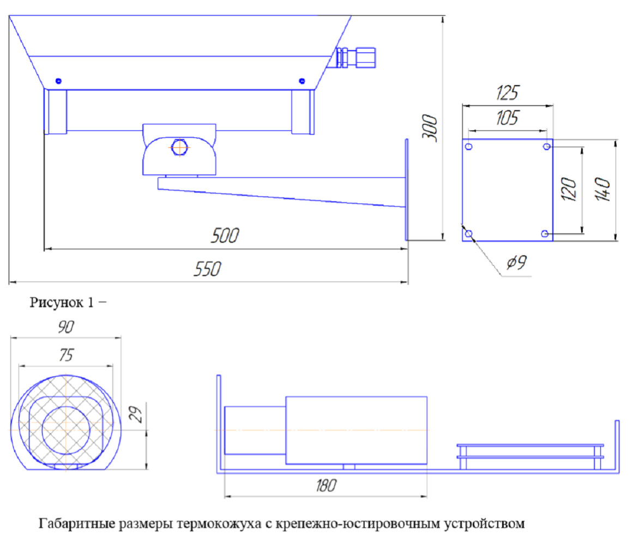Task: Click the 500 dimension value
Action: pos(225,236)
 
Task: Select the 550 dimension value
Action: pos(208,269)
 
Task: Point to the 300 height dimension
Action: pos(430,128)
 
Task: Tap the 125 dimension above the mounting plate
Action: pos(508,93)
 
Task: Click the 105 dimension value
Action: pos(507,118)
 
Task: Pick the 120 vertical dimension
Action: pos(569,189)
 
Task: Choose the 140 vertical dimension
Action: pos(602,189)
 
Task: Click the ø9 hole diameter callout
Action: pos(517,262)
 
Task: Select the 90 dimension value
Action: pos(66,326)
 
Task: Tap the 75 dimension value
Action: pos(67,354)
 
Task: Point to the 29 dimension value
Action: pos(136,414)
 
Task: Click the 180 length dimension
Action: pos(326,485)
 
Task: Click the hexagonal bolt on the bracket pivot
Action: pos(179,147)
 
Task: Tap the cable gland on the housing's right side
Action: pos(355,57)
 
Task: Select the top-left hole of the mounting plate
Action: pos(469,146)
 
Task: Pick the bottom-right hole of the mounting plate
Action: pos(545,233)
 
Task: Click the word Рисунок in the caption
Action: pos(56,302)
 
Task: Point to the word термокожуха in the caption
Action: pos(219,523)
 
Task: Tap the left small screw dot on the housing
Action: pos(58,81)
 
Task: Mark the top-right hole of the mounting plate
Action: pos(547,146)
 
